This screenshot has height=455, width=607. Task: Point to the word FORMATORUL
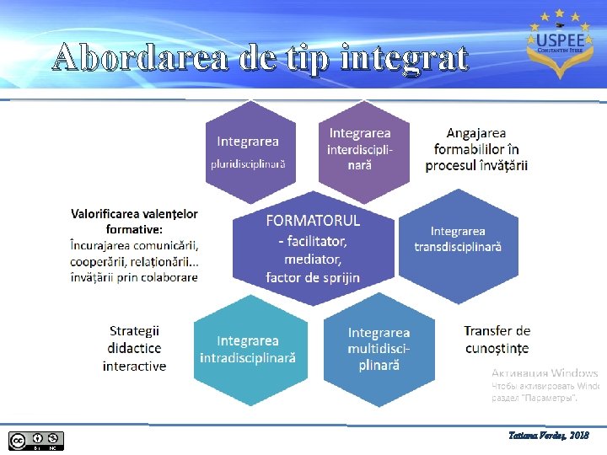pos(313,221)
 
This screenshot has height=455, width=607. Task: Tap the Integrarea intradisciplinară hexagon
pos(248,349)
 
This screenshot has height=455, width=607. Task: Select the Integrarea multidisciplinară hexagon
pos(379,349)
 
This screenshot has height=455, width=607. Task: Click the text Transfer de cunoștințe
pos(497,340)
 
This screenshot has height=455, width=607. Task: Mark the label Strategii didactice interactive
pos(135,348)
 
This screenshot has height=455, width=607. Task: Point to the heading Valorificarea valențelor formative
pos(135,222)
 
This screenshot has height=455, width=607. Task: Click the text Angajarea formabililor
pos(476,141)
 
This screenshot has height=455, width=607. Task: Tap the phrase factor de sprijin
pos(313,277)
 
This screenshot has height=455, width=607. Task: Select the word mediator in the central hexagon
pos(313,259)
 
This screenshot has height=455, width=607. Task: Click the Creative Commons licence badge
pos(36,439)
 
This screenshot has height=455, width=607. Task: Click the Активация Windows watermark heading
pos(545,372)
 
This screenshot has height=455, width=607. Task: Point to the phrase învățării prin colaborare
pos(135,276)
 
